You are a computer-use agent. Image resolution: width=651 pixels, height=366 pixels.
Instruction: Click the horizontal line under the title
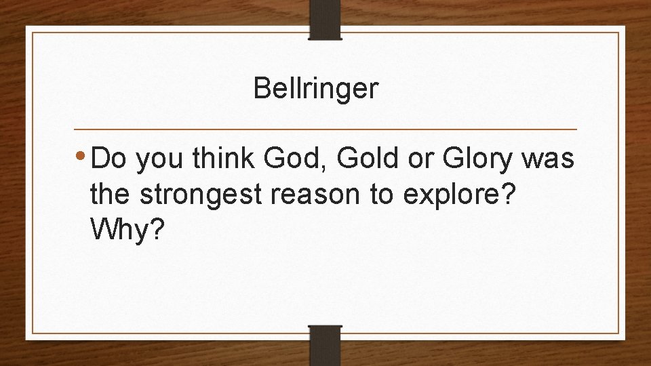(325, 129)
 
